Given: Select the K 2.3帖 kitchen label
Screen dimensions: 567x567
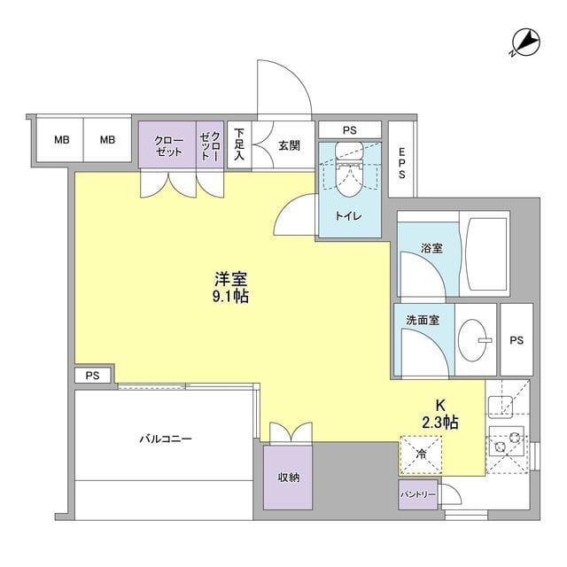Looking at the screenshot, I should tap(439, 414).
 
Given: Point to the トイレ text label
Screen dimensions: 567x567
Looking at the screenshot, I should tap(347, 215).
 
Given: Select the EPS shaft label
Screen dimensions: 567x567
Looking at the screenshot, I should tap(401, 164).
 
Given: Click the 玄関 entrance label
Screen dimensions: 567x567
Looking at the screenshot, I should tap(289, 146).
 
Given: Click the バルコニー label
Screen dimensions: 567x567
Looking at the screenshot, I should tap(165, 439).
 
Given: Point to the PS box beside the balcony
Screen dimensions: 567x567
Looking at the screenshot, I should tap(92, 376).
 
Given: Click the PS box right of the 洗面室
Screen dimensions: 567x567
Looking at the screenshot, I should tap(517, 339).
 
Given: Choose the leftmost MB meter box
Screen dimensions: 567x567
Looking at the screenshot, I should tap(60, 140).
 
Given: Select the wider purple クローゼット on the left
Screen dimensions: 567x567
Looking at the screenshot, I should tap(167, 145).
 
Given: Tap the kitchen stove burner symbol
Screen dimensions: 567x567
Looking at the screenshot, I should tap(509, 440).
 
